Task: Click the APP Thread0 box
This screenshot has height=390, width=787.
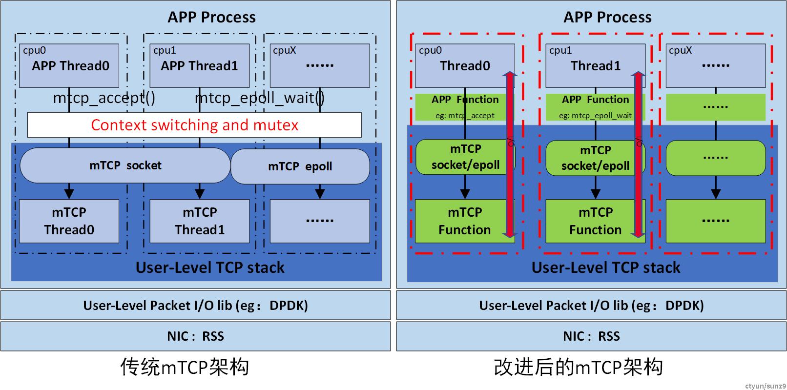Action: point(69,65)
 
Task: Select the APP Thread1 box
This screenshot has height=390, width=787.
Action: point(200,65)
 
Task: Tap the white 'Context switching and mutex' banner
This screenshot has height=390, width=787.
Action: point(194,125)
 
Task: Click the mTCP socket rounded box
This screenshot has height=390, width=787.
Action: point(125,165)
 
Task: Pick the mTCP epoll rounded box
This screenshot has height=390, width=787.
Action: point(300,166)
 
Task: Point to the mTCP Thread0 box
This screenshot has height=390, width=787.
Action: point(69,221)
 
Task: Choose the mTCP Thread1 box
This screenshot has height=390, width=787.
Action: point(200,221)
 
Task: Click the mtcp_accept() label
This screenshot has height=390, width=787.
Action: point(104,98)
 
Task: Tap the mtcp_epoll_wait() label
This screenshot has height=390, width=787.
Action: point(260,98)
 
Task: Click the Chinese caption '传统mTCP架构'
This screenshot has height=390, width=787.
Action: point(185,367)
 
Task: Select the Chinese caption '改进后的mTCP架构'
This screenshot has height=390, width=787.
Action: point(579,367)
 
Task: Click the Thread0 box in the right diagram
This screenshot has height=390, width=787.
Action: point(465,65)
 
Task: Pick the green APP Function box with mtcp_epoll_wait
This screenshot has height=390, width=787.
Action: point(595,107)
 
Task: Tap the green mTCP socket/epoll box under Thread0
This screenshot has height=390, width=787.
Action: point(465,157)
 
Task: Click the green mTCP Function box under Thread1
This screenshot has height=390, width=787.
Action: point(595,221)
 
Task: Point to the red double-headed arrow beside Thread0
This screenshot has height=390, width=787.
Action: point(509,155)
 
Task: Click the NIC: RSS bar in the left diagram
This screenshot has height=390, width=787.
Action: point(195,336)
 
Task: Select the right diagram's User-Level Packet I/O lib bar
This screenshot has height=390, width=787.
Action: point(591,306)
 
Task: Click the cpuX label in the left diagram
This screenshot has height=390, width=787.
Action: point(285,51)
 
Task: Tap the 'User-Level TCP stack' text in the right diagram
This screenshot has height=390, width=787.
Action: point(606,268)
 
